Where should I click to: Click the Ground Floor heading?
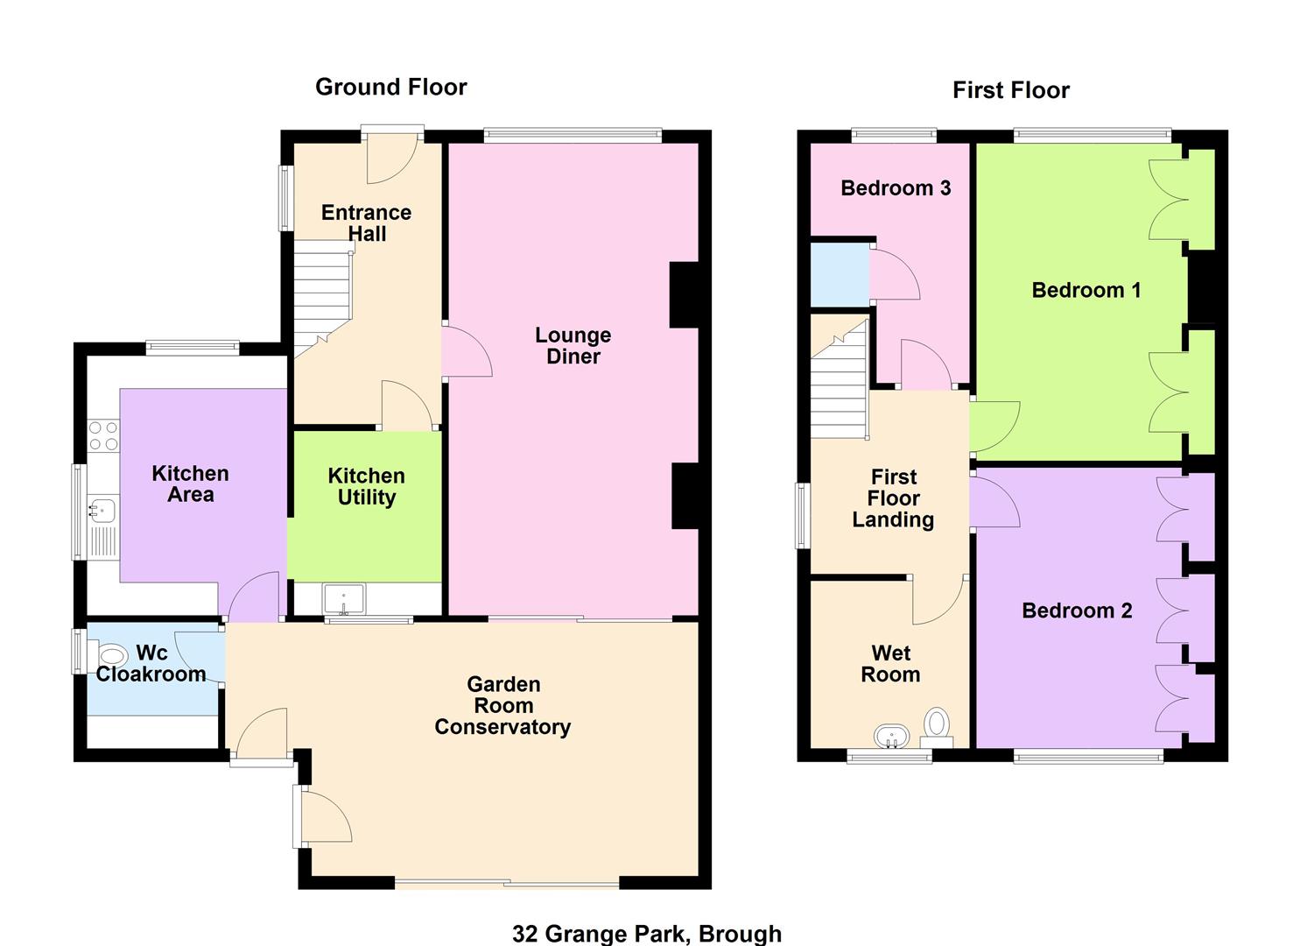(x=390, y=87)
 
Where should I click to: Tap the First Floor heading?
(x=1011, y=90)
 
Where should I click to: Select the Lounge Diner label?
(x=573, y=345)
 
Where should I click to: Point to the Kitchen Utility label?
(x=366, y=487)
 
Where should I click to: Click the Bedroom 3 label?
(x=896, y=188)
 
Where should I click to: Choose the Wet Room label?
(x=890, y=664)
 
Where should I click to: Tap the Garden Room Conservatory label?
(x=502, y=706)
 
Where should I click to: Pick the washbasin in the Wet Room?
(x=891, y=737)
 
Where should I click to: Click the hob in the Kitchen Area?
(x=103, y=435)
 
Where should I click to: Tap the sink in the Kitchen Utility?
(x=343, y=599)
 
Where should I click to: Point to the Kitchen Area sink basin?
(x=102, y=511)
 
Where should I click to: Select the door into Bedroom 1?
(x=994, y=427)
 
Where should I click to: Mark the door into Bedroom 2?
(x=994, y=501)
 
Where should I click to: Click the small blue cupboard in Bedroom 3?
(x=840, y=274)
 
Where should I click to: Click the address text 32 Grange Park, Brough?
(x=647, y=934)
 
